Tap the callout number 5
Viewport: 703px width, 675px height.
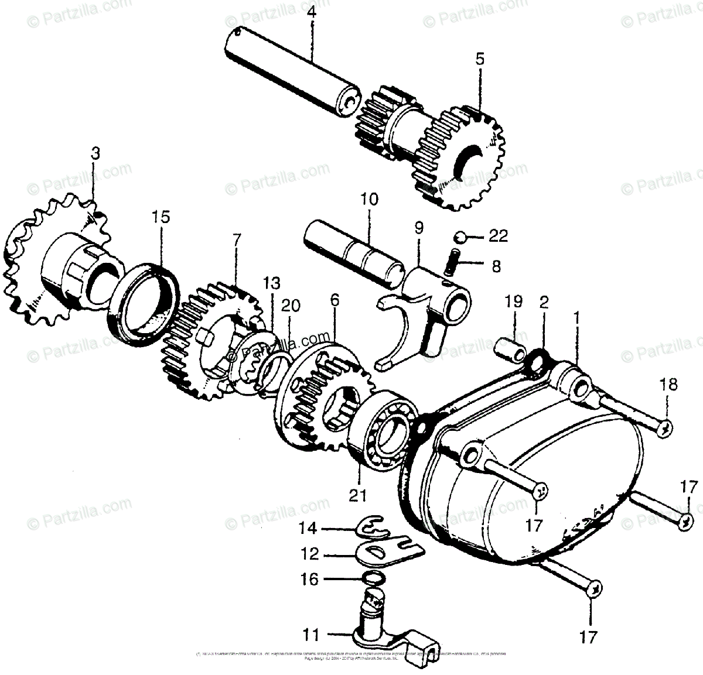480,59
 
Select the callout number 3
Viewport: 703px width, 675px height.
95,154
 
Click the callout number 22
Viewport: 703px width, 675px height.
499,236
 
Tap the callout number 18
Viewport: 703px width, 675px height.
669,385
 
